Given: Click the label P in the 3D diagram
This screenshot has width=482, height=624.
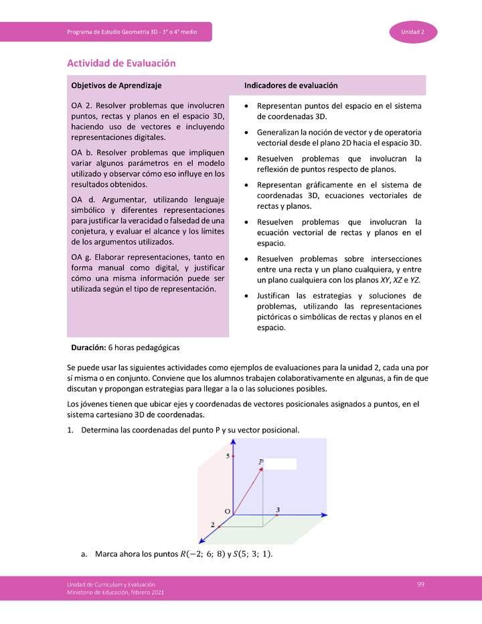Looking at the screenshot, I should tap(261, 462).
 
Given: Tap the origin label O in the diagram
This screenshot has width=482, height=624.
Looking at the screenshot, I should tap(227, 512).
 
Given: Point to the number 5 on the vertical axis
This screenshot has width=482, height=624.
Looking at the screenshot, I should tap(228, 456).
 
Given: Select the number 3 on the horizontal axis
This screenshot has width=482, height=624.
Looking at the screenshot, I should tap(277, 510).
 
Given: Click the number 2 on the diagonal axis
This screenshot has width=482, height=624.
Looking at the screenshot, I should tap(212, 524).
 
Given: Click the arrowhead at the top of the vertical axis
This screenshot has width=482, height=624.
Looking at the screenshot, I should tap(232, 443).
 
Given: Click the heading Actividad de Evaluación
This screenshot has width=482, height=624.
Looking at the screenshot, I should tap(121, 63).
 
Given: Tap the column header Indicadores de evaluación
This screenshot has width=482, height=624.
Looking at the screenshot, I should tap(291, 86).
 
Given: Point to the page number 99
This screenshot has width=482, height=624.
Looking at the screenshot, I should tap(420, 584).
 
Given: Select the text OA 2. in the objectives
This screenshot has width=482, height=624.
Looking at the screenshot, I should tap(82, 106).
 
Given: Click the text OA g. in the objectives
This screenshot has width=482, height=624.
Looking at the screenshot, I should tap(82, 257).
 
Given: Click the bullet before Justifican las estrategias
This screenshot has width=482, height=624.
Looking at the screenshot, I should tap(248, 295).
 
